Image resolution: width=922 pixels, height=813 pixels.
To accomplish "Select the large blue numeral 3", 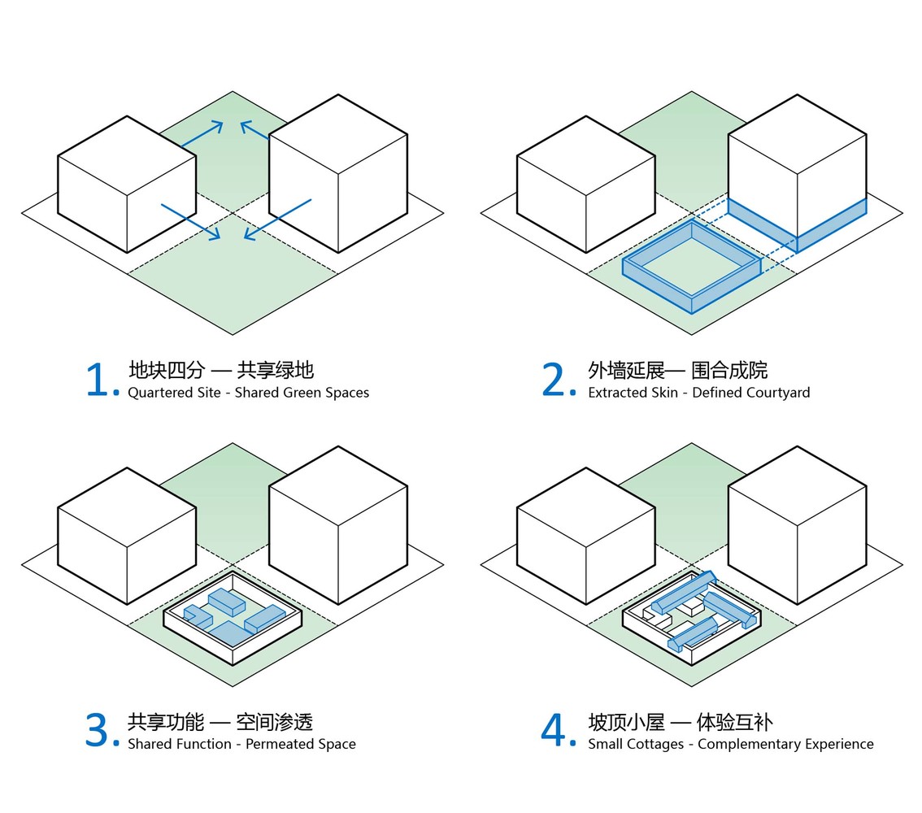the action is [x=97, y=730].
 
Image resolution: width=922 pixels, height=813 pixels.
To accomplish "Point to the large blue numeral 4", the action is [x=554, y=730].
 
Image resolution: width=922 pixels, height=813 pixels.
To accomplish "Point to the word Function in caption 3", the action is [x=205, y=744].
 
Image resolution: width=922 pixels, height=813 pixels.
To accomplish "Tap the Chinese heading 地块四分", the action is [x=167, y=371].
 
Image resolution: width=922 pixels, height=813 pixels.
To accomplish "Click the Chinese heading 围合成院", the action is [x=729, y=371].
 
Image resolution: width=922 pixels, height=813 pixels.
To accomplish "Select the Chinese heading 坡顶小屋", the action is [x=626, y=722].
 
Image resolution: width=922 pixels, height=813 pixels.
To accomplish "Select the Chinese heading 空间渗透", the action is [x=275, y=722].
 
